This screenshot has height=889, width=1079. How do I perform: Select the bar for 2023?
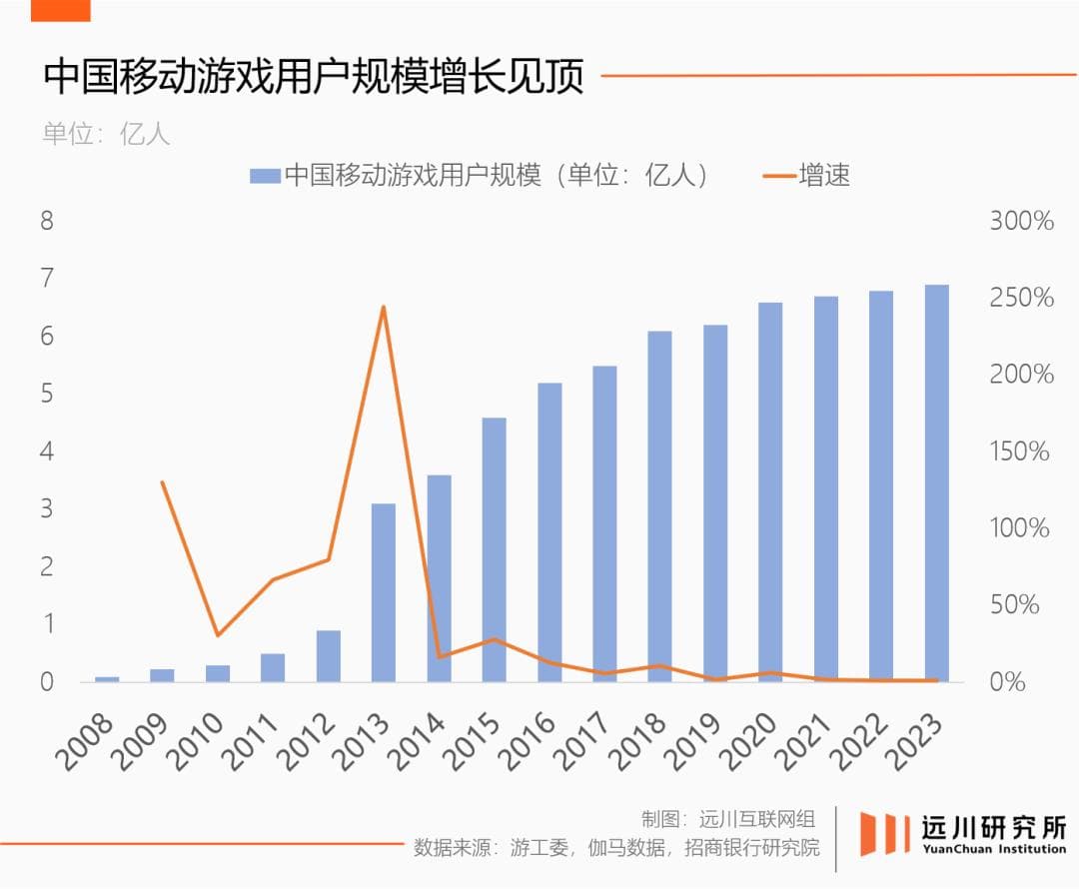[936, 483]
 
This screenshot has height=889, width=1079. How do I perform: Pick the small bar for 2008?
[107, 679]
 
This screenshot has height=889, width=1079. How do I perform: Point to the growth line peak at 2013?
[383, 307]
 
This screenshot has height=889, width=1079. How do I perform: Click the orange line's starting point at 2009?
[162, 482]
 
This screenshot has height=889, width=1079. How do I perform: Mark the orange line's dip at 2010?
[218, 635]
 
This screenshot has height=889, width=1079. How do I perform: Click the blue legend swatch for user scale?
[264, 176]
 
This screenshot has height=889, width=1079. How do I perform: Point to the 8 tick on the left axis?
[46, 221]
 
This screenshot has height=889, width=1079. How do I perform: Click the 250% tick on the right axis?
[1021, 298]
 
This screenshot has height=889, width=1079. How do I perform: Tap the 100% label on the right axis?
[1020, 527]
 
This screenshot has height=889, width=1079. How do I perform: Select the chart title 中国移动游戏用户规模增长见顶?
[313, 77]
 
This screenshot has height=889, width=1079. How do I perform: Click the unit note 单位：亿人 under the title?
[106, 134]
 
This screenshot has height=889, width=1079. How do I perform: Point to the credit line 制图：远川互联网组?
[728, 820]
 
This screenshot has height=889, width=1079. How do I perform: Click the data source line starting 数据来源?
[616, 848]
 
